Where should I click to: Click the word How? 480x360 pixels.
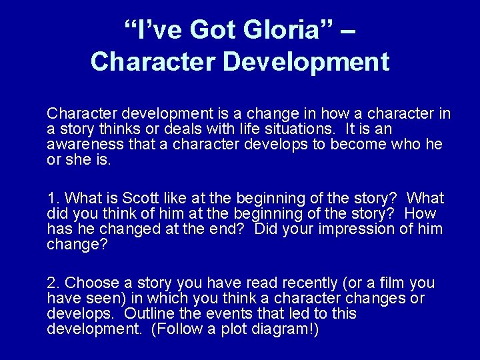(x=419, y=213)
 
